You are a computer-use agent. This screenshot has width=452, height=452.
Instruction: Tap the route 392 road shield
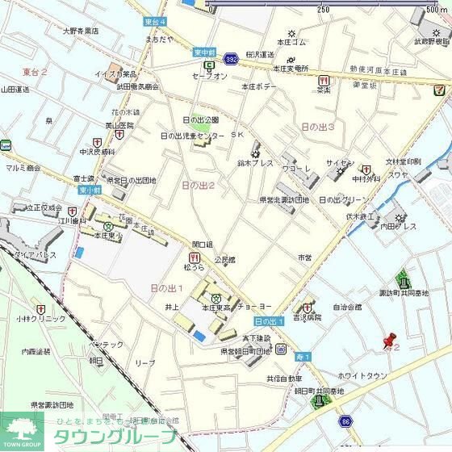[231, 59]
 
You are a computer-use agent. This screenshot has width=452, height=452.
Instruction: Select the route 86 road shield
[345, 421]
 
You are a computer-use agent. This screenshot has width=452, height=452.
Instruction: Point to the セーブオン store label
[209, 76]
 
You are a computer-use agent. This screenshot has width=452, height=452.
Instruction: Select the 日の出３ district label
[317, 127]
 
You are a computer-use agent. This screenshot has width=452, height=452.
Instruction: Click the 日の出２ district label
[198, 185]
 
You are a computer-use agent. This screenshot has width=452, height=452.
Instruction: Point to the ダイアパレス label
[35, 254]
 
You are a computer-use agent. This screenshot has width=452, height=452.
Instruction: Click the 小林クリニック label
[38, 319]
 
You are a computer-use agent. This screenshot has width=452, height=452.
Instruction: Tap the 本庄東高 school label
[216, 308]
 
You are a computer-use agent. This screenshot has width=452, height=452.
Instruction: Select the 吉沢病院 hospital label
[307, 317]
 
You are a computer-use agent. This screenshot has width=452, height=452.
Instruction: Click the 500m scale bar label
[436, 10]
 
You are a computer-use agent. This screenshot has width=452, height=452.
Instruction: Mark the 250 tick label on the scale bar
[323, 10]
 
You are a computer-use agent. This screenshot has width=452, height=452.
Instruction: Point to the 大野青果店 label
[81, 31]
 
